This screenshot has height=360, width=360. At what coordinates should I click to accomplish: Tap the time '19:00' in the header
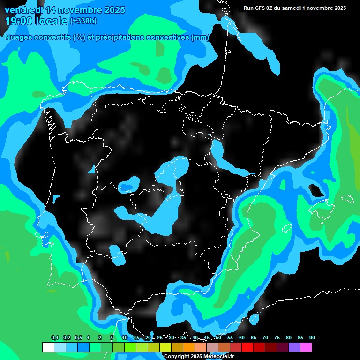tap(19, 21)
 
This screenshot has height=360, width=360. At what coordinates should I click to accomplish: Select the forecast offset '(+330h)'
tap(83, 21)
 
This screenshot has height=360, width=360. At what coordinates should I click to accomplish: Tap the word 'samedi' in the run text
tap(293, 8)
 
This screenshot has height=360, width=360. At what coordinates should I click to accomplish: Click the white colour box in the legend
tap(48, 347)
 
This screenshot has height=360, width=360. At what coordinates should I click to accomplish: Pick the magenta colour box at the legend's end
tap(306, 347)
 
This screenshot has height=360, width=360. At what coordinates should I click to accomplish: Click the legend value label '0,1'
tap(55, 337)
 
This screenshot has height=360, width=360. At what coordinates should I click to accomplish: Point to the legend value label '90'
tap(312, 337)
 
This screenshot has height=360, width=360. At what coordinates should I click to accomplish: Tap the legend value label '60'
tap(242, 337)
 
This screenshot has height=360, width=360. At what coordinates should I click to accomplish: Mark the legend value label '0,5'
tap(78, 337)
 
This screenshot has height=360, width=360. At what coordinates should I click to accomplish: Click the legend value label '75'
tap(277, 337)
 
